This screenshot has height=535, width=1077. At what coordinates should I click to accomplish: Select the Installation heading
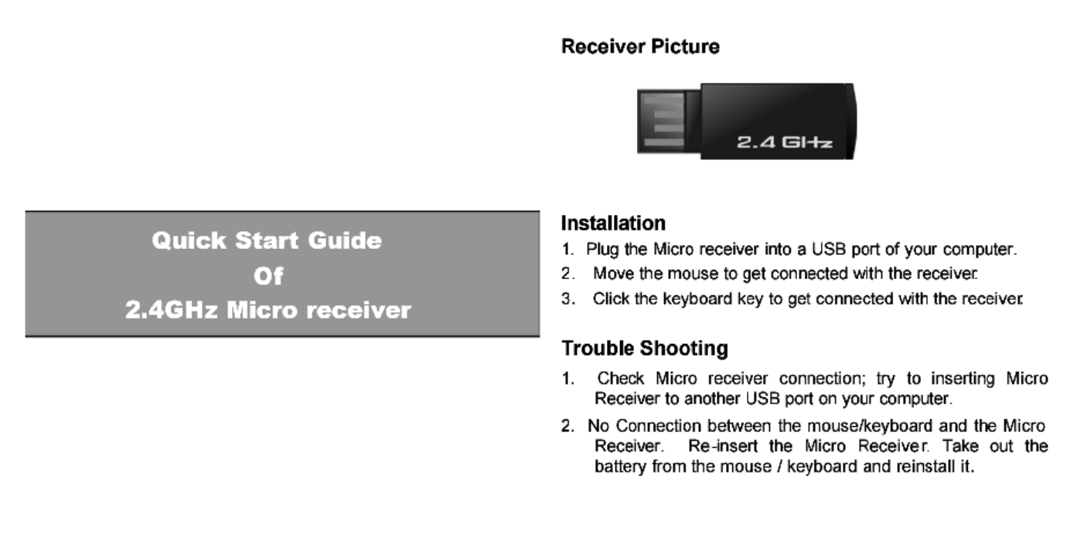[x=612, y=224]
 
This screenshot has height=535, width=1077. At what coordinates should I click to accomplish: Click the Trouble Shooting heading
[x=644, y=349]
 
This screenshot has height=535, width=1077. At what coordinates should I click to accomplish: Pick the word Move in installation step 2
[x=608, y=274]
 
